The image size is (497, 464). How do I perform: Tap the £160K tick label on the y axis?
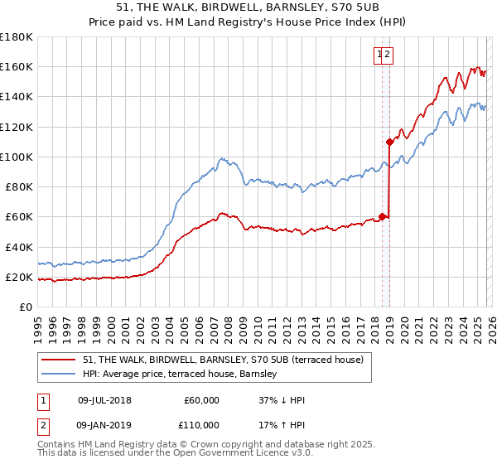(17, 66)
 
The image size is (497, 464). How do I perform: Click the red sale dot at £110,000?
(389, 142)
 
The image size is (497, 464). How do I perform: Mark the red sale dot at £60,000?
(382, 217)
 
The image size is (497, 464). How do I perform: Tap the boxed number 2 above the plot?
(388, 56)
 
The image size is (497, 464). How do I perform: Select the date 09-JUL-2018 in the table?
(104, 400)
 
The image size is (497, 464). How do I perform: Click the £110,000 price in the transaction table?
(201, 423)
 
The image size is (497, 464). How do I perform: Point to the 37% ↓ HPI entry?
(282, 400)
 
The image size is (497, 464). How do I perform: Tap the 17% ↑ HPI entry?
(282, 423)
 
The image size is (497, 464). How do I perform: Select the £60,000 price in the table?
(201, 400)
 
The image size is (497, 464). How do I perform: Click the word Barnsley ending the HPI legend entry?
(265, 375)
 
